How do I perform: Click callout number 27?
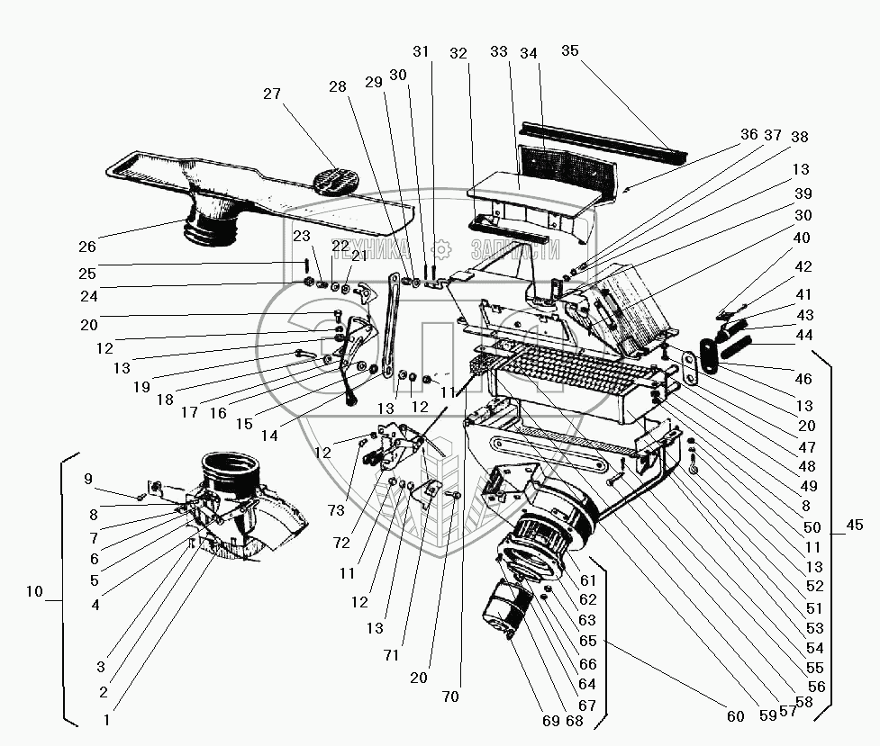click(273, 94)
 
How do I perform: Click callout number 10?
click(34, 591)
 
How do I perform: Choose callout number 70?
click(450, 696)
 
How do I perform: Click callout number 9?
click(88, 478)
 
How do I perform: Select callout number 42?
click(803, 267)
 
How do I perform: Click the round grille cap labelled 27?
click(333, 178)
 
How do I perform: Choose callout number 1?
click(107, 719)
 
